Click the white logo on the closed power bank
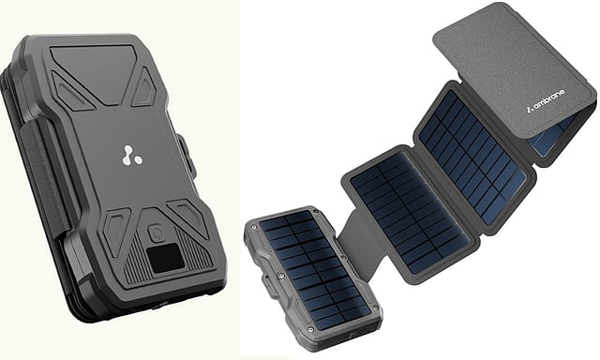click(x=131, y=156)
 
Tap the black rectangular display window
click(x=166, y=258)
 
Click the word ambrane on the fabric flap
click(x=548, y=101)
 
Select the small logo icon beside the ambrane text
click(x=529, y=110)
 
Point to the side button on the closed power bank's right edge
click(x=187, y=156)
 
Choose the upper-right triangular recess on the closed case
click(x=144, y=89)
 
